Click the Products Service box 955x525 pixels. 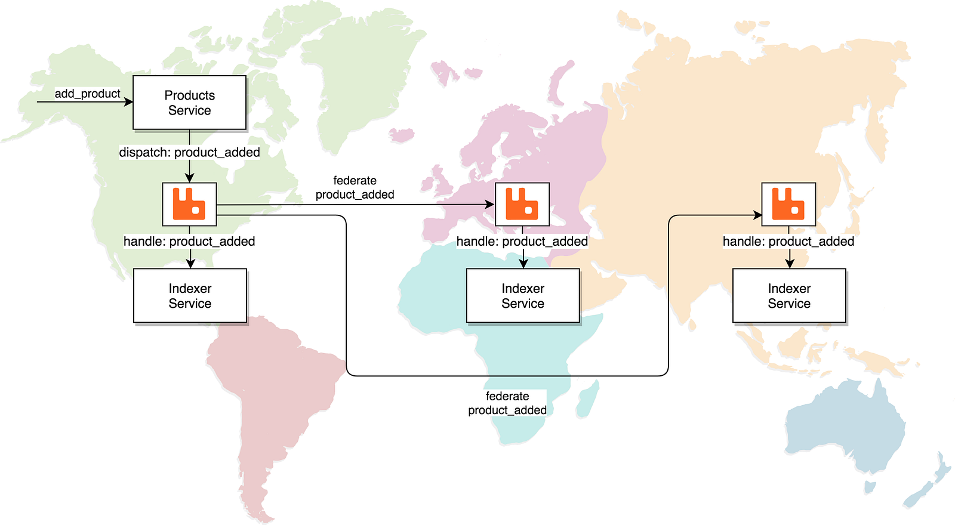tap(189, 103)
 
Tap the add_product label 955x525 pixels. tap(88, 94)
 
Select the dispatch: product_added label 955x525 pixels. tap(189, 152)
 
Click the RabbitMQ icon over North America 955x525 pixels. tap(189, 204)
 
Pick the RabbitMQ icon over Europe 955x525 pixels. tap(522, 204)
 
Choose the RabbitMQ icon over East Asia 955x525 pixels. tap(788, 204)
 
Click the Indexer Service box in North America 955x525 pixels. tap(190, 296)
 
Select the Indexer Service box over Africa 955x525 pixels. tap(523, 296)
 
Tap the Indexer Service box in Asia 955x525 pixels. tap(789, 296)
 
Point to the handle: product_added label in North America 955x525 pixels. tap(189, 241)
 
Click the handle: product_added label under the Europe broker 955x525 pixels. tap(522, 241)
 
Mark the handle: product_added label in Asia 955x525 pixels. tap(788, 241)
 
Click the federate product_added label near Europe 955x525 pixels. tap(355, 187)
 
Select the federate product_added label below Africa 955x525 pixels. tap(507, 403)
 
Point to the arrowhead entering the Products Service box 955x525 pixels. tap(128, 102)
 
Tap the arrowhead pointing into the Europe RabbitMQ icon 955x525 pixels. tap(490, 205)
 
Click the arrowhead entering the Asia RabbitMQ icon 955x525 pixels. tap(758, 215)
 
